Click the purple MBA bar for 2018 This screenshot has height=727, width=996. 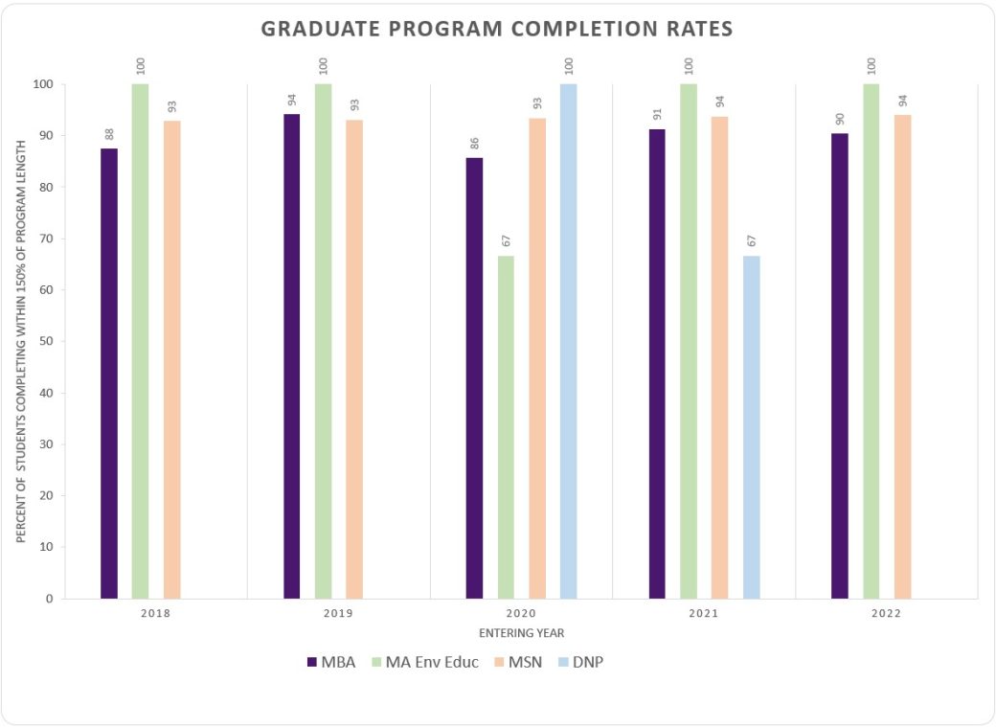[109, 374]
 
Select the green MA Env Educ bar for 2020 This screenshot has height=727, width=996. [506, 426]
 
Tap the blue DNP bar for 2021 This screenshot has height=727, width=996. [751, 426]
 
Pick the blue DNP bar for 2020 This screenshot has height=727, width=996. [568, 341]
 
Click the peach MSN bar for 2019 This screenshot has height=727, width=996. [354, 359]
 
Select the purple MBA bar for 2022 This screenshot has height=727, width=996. [839, 366]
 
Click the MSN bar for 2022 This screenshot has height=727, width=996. [902, 356]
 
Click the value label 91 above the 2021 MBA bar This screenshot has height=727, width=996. [657, 112]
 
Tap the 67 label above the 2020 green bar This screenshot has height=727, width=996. [506, 238]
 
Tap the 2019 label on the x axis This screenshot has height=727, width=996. [337, 613]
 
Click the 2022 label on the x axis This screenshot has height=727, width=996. [886, 613]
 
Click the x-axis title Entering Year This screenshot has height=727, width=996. [521, 633]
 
